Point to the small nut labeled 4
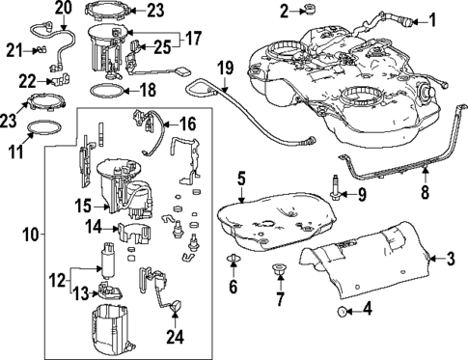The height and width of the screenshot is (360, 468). pyautogui.click(x=343, y=312)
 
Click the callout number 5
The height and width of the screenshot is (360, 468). pyautogui.click(x=242, y=178)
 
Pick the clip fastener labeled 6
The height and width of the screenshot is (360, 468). pyautogui.click(x=234, y=262)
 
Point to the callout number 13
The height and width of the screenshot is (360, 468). pyautogui.click(x=84, y=293)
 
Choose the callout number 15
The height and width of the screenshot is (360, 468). pyautogui.click(x=83, y=206)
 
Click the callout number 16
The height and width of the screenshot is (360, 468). pyautogui.click(x=186, y=123)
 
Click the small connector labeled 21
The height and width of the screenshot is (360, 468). pyautogui.click(x=41, y=49)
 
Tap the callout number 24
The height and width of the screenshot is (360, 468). pyautogui.click(x=174, y=337)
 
